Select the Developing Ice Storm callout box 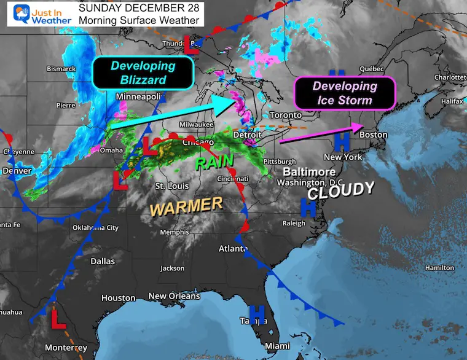coord(344,93)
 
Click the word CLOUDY coord(340,190)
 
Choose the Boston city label coord(374,135)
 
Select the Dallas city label coord(103,261)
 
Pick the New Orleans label coord(175,296)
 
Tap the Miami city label coord(277,346)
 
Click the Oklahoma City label coord(95,228)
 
